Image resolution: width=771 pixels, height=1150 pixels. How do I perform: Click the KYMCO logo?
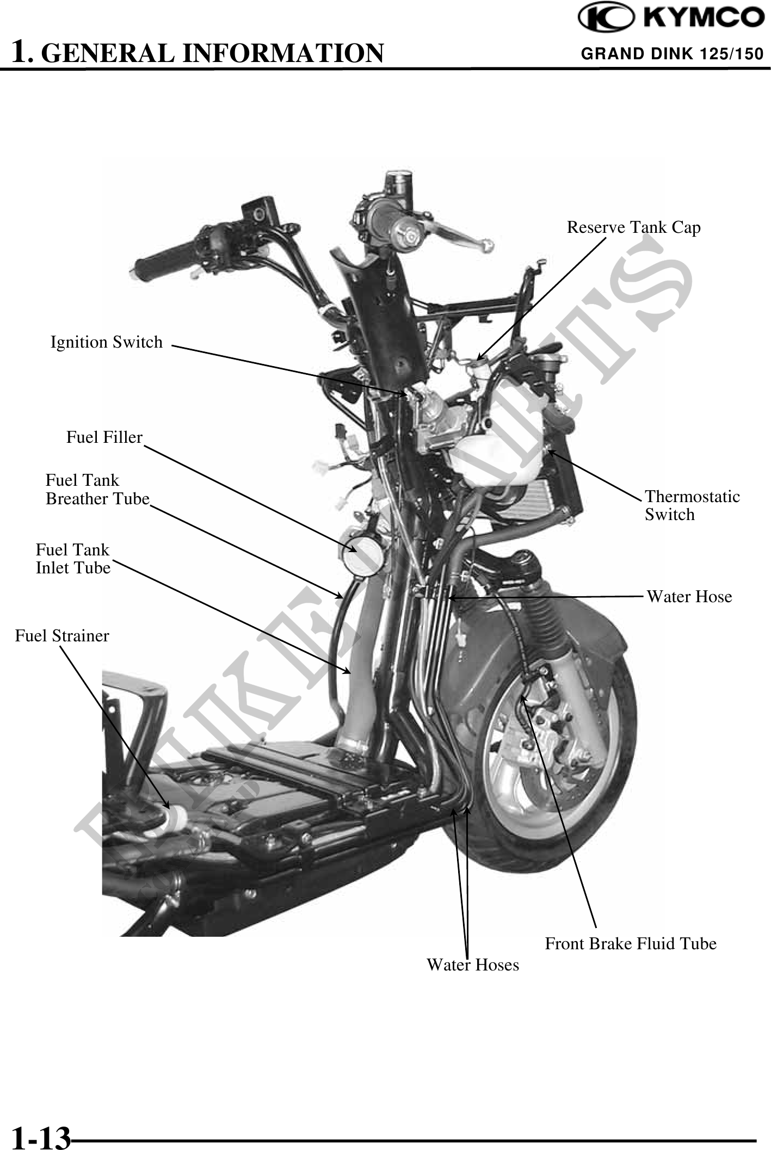(671, 18)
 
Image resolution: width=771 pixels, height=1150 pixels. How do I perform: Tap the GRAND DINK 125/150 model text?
(672, 54)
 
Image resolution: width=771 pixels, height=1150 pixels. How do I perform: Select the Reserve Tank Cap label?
(633, 227)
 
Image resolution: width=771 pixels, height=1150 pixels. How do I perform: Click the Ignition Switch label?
(107, 342)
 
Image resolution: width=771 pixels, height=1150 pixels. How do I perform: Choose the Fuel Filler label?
(104, 437)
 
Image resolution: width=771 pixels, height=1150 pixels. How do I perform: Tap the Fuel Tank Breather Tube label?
(97, 490)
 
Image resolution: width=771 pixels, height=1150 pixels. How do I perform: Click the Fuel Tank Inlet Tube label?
(73, 559)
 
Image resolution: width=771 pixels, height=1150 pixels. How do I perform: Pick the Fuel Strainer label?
(62, 635)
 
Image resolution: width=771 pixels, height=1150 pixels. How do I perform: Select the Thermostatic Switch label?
(692, 505)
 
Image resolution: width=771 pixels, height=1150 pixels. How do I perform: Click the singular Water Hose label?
(689, 597)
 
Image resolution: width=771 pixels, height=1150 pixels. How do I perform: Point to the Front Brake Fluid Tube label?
(631, 943)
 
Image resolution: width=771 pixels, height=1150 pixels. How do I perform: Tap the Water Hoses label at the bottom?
(473, 964)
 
